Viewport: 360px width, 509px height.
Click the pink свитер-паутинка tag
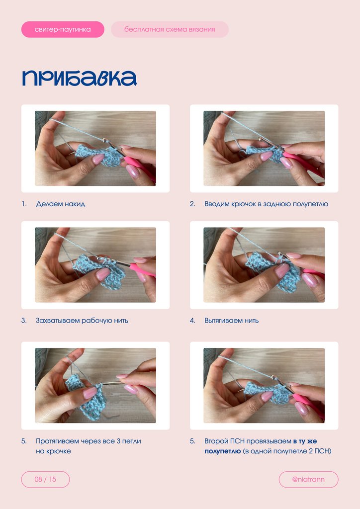[63, 29]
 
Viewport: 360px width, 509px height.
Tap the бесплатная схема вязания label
[170, 29]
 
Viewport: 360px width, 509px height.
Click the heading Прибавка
[79, 78]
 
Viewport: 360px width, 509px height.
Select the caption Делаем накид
[60, 204]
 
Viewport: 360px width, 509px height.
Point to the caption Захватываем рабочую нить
[82, 321]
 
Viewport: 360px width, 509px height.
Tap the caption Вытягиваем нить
[231, 321]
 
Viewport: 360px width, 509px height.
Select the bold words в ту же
[305, 441]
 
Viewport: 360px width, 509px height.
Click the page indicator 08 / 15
[45, 480]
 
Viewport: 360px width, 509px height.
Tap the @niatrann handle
[308, 480]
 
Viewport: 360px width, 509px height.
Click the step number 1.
[24, 204]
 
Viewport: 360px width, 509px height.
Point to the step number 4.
[192, 321]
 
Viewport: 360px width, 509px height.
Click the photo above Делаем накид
[95, 148]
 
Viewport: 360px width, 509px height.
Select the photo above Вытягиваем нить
[264, 265]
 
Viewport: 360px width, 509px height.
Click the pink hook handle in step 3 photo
[142, 270]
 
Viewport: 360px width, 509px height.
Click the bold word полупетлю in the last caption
[222, 451]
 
